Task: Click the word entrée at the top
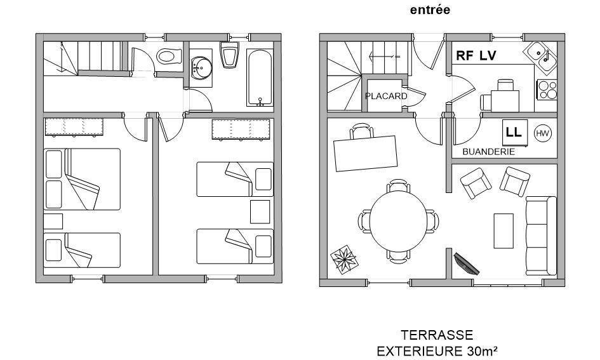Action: coord(430,10)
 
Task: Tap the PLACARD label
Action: coord(386,96)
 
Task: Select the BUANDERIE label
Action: coord(489,152)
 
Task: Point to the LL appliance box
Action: coord(515,132)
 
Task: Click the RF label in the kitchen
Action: coord(465,56)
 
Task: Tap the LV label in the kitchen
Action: coord(488,56)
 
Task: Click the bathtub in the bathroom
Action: coord(260,77)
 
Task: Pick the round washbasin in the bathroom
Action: coord(202,68)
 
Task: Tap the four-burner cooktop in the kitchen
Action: coord(547,90)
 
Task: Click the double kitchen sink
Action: coord(540,57)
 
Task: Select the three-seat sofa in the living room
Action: coord(541,236)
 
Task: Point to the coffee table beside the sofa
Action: coord(503,230)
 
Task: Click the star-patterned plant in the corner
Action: coord(344,260)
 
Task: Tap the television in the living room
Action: coord(466,264)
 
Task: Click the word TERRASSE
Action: coord(437,335)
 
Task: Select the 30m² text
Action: coord(483,350)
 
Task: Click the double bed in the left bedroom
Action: coord(82,179)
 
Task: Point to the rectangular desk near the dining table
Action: coord(366,154)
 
